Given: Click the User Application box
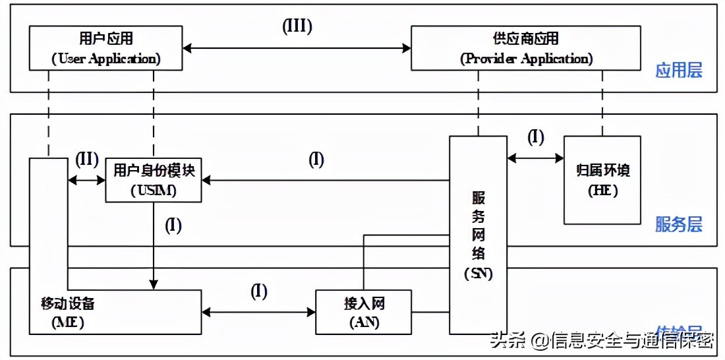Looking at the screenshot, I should [105, 47].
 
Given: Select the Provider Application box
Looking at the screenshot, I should [525, 47].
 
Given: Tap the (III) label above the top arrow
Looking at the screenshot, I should [297, 26].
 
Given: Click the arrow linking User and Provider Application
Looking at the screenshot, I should [297, 47].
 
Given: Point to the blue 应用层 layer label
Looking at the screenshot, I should [678, 71].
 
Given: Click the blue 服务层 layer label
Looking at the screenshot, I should [678, 225].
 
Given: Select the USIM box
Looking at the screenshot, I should [154, 180].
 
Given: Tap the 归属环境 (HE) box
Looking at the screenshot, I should [602, 179].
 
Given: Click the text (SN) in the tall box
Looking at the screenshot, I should [478, 273].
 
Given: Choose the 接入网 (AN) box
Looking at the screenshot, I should [363, 312].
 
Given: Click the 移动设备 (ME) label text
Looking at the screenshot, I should [67, 313].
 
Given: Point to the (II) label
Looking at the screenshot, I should [86, 160].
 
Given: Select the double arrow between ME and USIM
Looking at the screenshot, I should [86, 179].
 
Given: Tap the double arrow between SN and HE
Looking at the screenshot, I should [535, 158].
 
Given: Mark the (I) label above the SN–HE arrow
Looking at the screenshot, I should [536, 136].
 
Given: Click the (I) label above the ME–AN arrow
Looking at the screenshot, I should [258, 291].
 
